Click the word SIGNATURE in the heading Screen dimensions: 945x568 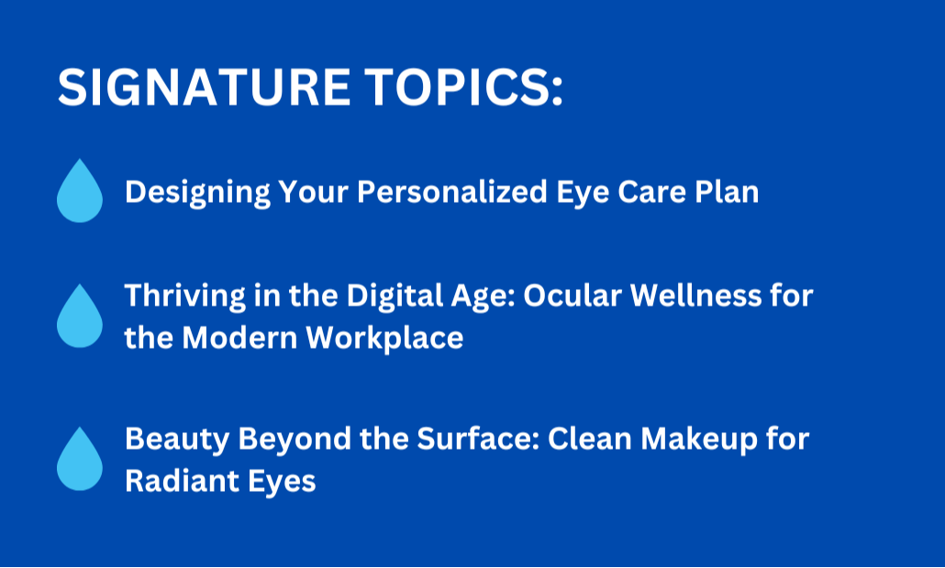click(204, 87)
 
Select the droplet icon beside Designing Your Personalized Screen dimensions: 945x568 click(80, 191)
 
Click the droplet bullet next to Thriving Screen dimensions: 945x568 click(80, 316)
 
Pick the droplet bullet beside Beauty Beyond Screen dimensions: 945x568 click(80, 459)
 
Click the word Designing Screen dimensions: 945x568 click(197, 193)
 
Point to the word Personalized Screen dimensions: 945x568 click(452, 193)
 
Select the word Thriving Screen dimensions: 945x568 click(185, 296)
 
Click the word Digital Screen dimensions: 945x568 click(385, 296)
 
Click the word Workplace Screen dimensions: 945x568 click(384, 339)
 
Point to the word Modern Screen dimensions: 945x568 click(239, 338)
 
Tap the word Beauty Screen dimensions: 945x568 click(177, 440)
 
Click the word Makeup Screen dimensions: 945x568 click(698, 440)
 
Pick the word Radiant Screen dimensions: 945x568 click(174, 481)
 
